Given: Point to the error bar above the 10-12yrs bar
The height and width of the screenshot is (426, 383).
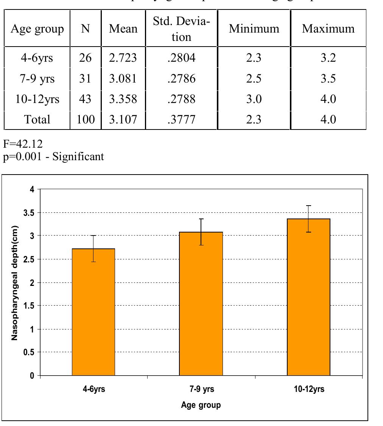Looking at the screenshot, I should pyautogui.click(x=308, y=212).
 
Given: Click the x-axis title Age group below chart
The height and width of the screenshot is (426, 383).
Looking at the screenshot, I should pyautogui.click(x=201, y=405).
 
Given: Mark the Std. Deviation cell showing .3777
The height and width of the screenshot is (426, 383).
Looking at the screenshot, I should pyautogui.click(x=177, y=120).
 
